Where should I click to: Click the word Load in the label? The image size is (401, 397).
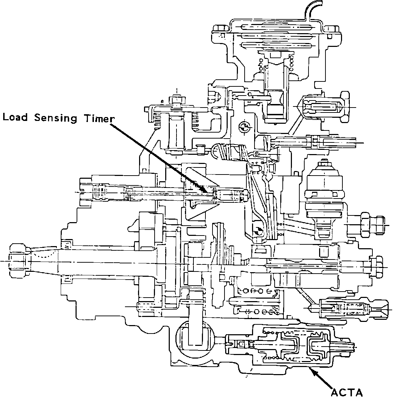coord(15,117)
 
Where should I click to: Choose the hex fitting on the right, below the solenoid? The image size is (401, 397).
coord(372,225)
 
